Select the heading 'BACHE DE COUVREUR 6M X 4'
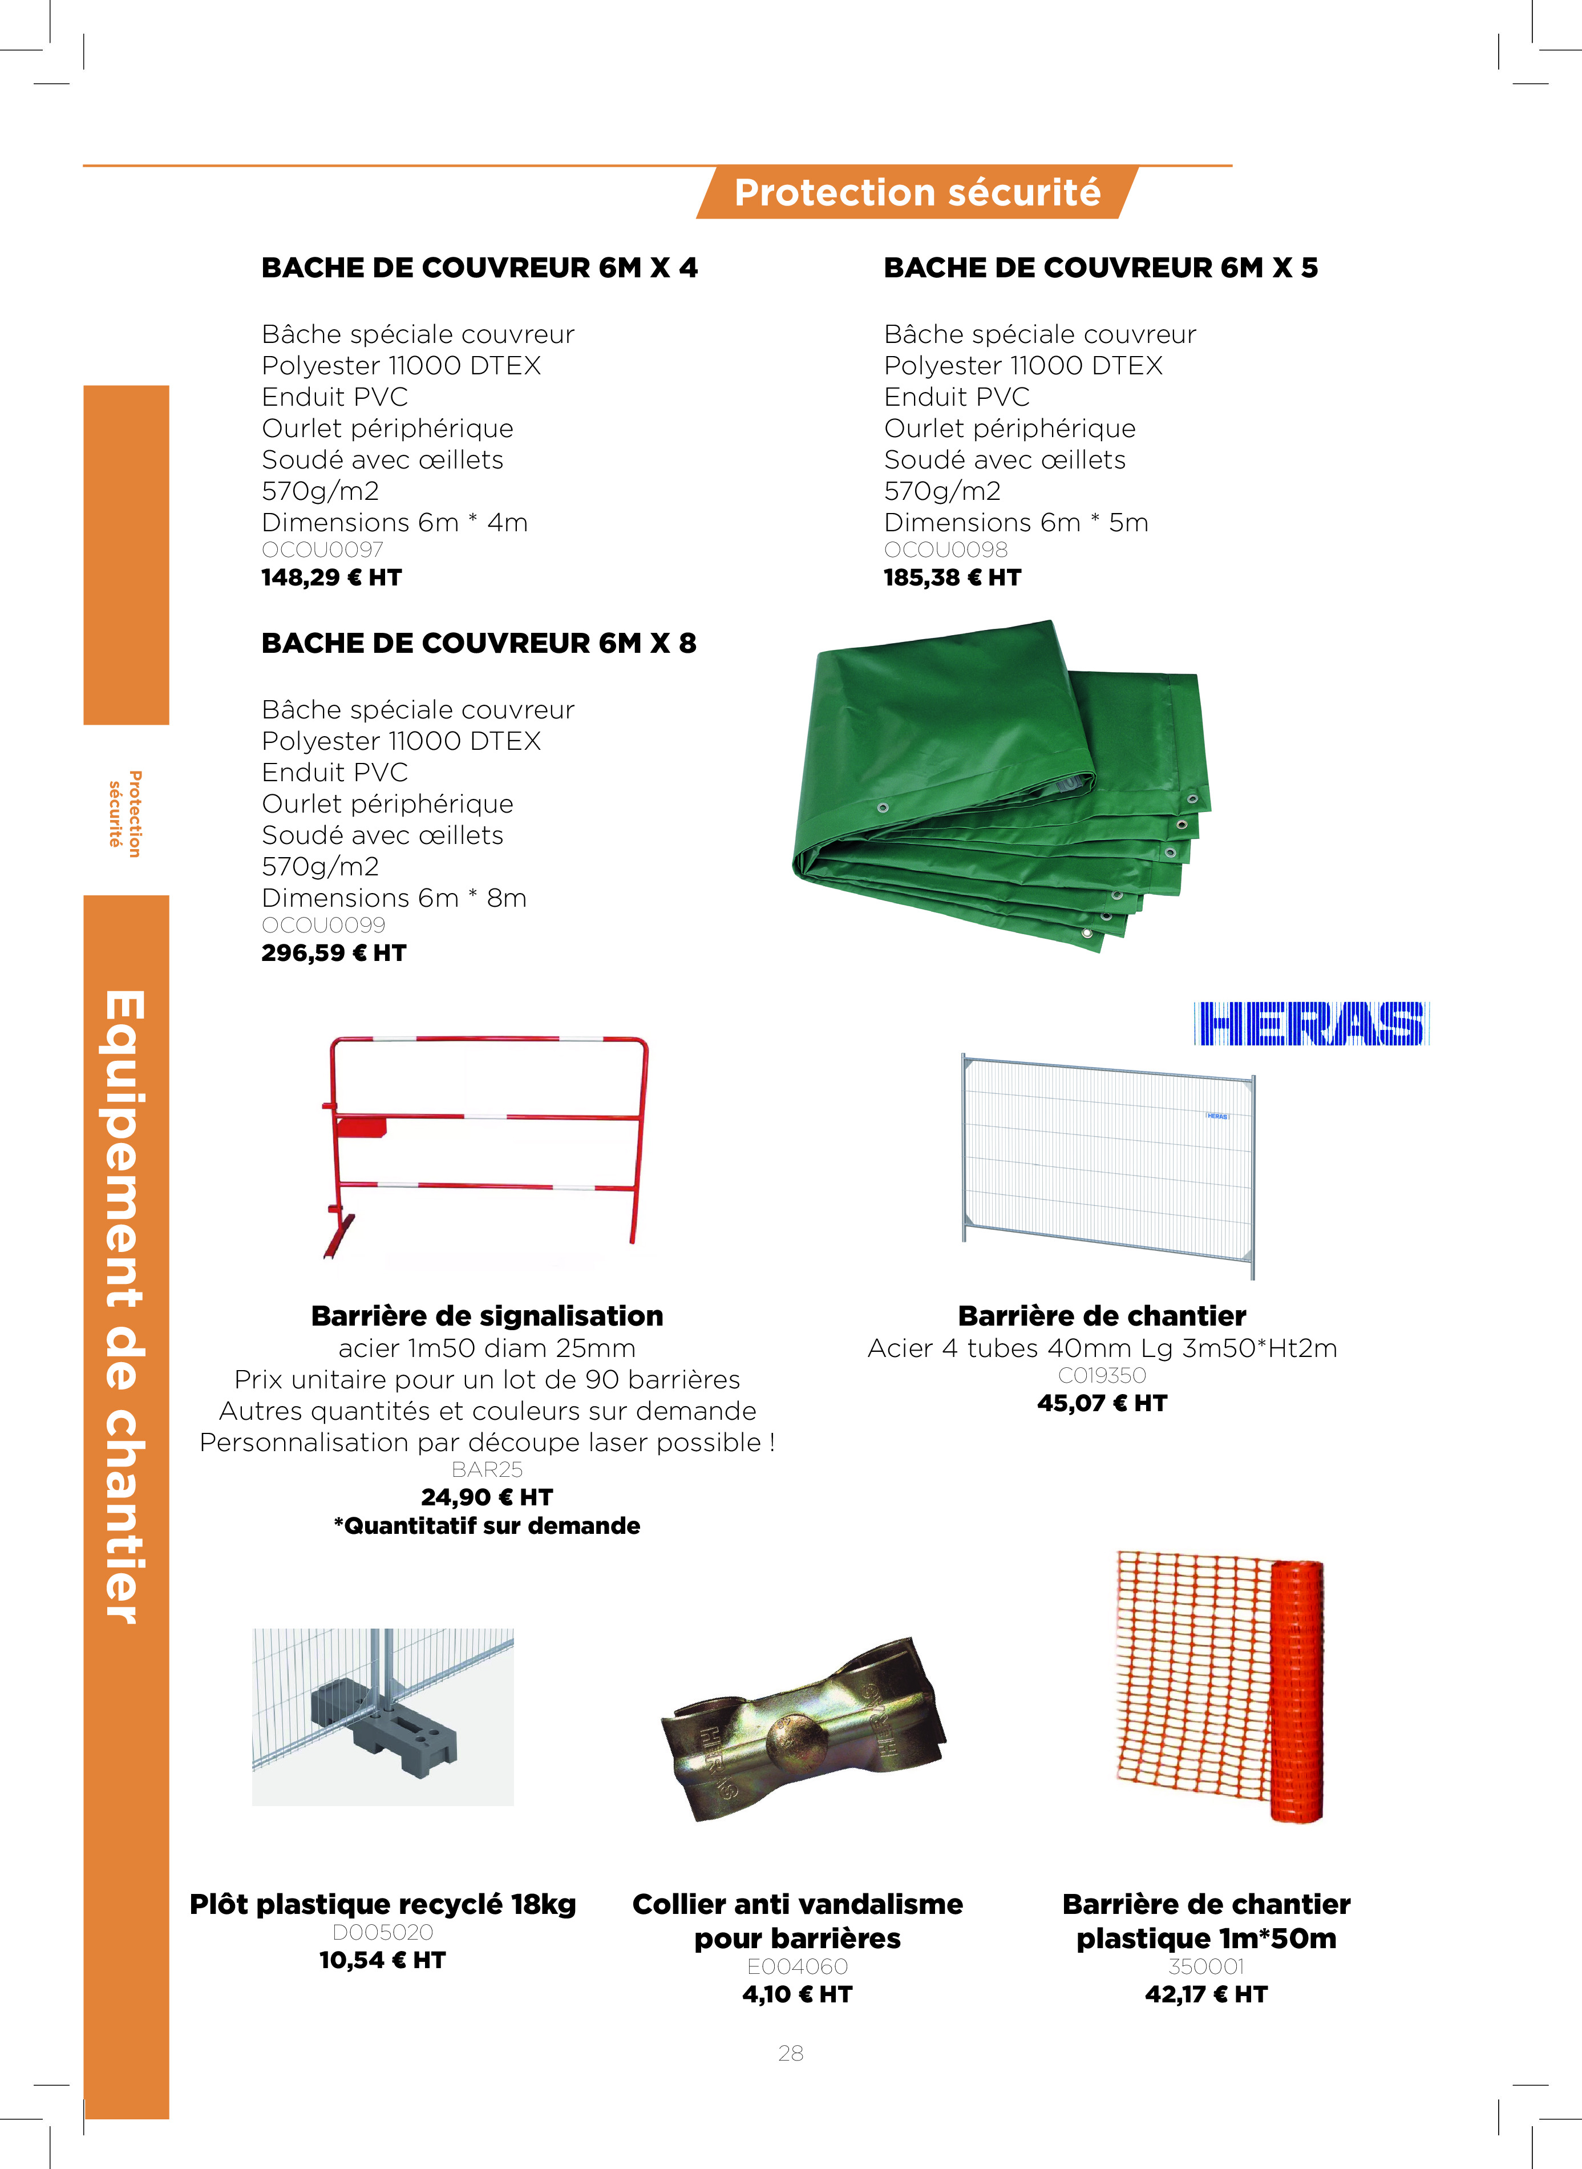tap(479, 268)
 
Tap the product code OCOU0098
tap(945, 550)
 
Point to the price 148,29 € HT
tap(331, 577)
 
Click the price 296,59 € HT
tap(333, 953)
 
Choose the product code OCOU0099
tap(323, 925)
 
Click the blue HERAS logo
tap(1311, 1024)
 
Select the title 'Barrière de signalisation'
tap(487, 1316)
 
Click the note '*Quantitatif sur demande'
tap(487, 1525)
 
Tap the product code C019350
tap(1102, 1375)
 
